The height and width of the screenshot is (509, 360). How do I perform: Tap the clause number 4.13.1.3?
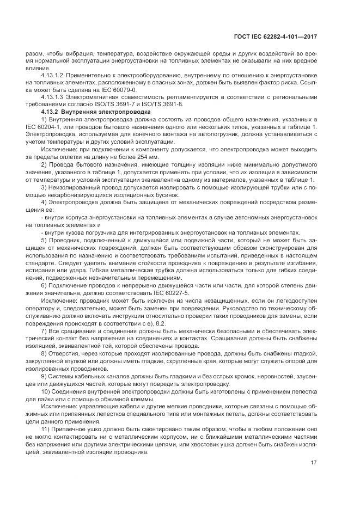[x=53, y=96]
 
